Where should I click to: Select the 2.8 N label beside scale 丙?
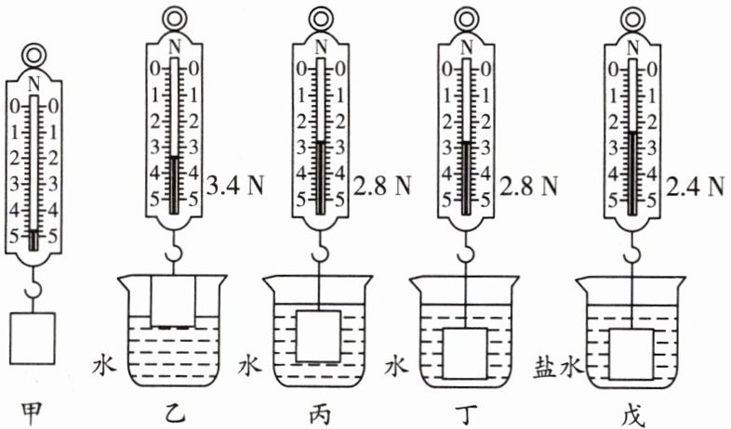click(381, 186)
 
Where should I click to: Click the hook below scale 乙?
click(174, 249)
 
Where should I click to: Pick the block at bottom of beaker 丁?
click(465, 354)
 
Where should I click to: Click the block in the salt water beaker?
click(632, 354)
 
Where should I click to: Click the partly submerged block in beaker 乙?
click(174, 301)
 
